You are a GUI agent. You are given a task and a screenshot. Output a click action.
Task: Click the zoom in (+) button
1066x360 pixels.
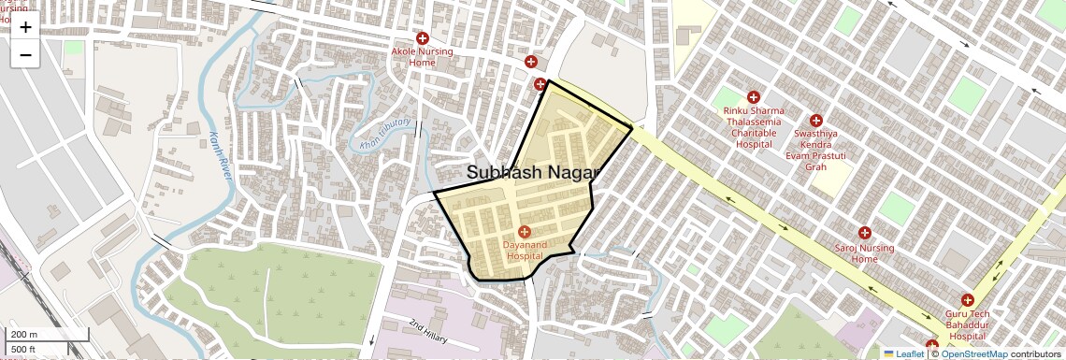coord(25,27)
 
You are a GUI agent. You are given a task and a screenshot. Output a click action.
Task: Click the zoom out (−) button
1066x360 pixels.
coord(25,55)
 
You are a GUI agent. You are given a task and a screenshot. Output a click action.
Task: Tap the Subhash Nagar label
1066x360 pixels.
coord(531,172)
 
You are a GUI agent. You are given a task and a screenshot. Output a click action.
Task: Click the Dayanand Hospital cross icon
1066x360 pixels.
coord(524,231)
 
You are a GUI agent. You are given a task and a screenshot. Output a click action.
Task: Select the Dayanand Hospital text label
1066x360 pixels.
coord(524,250)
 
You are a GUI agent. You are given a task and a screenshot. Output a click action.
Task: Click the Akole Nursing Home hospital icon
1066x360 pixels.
coord(423,38)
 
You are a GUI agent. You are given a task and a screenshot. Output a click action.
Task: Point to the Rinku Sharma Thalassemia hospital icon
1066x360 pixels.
coord(754,97)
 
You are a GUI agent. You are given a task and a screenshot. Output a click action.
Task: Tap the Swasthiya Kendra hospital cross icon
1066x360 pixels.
coord(816,121)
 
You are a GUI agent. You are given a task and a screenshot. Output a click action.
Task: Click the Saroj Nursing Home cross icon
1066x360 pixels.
coord(864,232)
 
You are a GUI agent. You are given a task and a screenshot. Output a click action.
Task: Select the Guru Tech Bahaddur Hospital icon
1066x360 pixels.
coord(967,300)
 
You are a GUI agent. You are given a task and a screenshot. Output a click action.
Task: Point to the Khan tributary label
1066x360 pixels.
coord(385,135)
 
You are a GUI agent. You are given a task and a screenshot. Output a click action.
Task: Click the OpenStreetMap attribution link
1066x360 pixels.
coord(974,353)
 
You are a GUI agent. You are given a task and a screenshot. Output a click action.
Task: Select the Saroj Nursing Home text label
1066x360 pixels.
coord(864,253)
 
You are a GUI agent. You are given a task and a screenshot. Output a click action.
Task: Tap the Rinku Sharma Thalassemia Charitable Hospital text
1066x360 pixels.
coord(754,127)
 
